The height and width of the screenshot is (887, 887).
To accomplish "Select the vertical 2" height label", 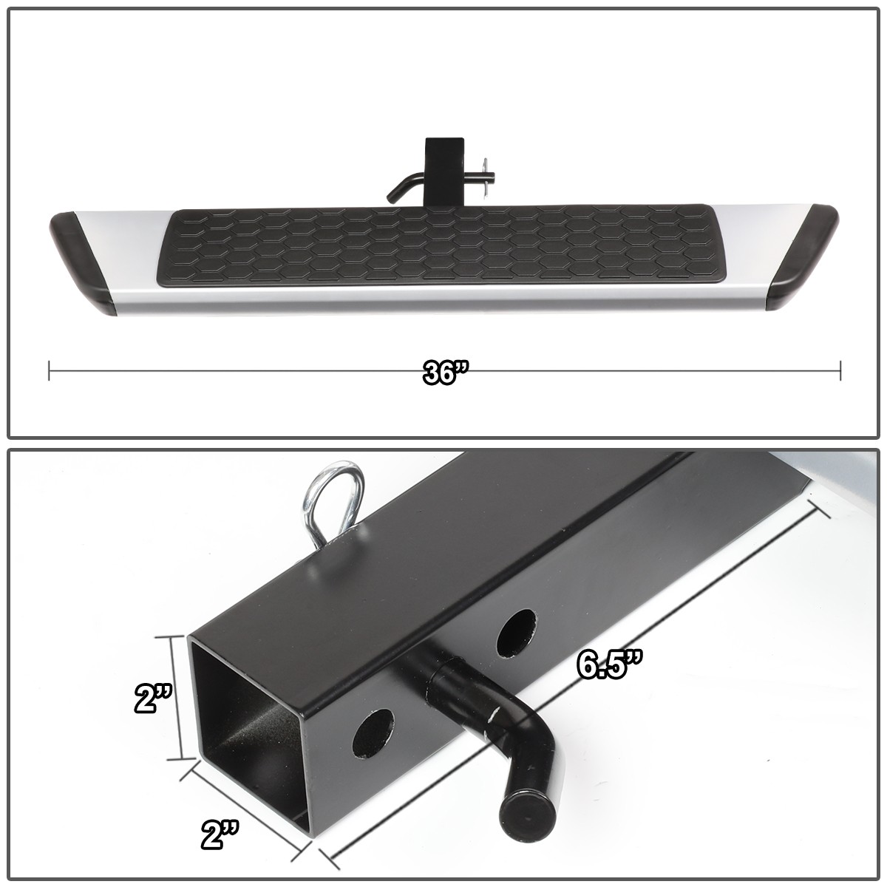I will [x=154, y=699].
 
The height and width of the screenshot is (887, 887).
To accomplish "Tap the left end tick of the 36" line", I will [x=49, y=370].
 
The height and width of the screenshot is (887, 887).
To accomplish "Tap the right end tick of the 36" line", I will [x=840, y=370].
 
